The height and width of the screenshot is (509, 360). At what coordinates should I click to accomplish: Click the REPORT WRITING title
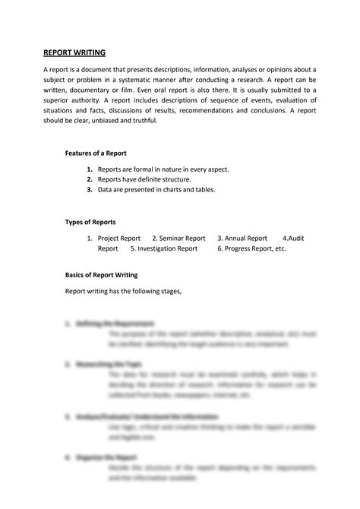[74, 53]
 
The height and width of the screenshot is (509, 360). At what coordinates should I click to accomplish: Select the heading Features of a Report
[96, 153]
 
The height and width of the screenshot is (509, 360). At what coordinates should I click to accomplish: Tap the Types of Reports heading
[90, 222]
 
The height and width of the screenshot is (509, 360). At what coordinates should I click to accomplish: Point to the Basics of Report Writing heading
[101, 274]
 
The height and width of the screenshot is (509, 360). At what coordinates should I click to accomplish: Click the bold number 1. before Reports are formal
[90, 169]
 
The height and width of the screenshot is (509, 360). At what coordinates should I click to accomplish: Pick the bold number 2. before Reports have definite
[90, 179]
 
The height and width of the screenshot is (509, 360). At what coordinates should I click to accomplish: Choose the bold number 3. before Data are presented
[90, 189]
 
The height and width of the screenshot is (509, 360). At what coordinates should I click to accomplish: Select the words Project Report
[119, 238]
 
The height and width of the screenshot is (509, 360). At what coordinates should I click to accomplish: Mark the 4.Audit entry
[293, 238]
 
